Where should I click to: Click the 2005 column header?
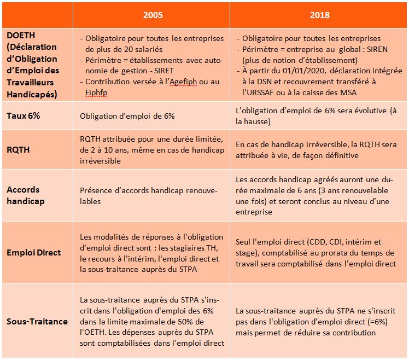click(152, 15)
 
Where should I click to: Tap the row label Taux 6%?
click(25, 116)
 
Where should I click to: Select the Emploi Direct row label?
click(33, 253)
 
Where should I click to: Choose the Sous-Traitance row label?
click(37, 321)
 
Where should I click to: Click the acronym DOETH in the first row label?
click(20, 35)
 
